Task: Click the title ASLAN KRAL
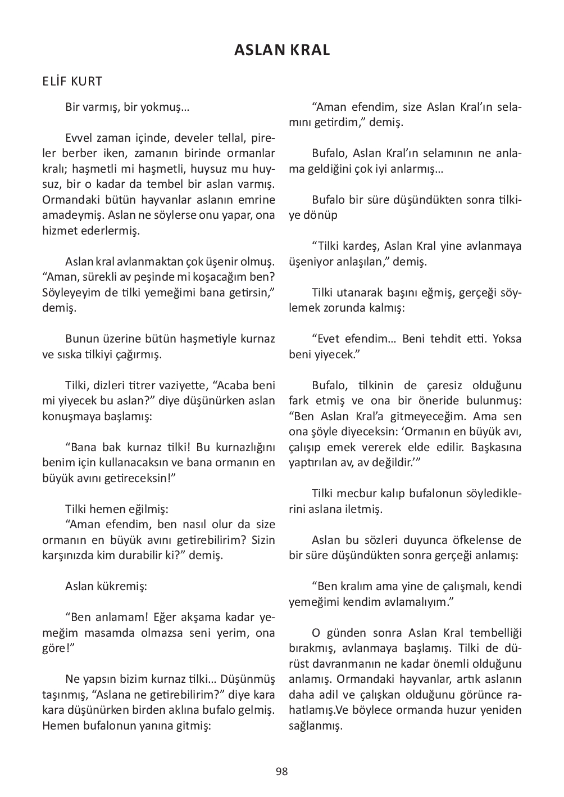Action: (x=282, y=50)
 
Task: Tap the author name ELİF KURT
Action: (x=72, y=82)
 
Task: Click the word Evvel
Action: (x=78, y=138)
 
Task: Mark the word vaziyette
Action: (x=179, y=385)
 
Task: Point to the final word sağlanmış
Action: (x=315, y=725)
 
